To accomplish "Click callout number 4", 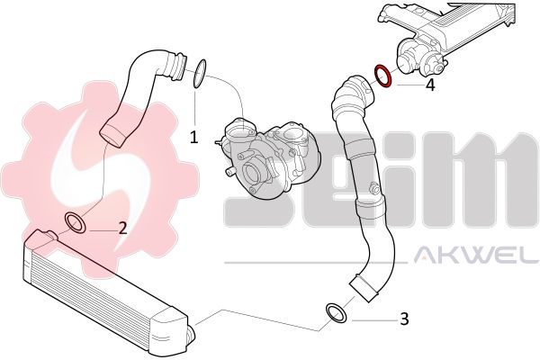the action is coord(430,85).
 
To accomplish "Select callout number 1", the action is coord(193,137).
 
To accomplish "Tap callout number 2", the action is coord(122,228).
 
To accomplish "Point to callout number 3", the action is coord(404,319).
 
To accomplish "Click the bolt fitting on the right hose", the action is coord(373,189).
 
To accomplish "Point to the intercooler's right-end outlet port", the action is coord(191,336).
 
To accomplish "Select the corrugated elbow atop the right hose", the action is coord(353,93).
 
